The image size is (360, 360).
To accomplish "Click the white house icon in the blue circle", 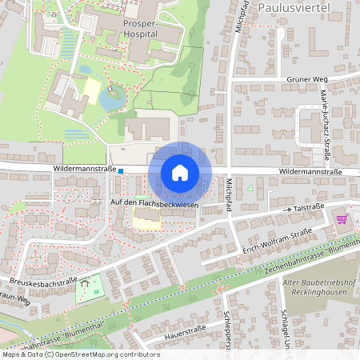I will tap(180, 173).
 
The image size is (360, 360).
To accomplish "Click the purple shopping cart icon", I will tap(342, 218).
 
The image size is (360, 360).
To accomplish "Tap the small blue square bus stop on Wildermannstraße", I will tap(121, 170).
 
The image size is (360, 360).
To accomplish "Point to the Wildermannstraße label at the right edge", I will tap(310, 172).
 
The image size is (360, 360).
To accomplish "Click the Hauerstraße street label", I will tap(186, 329).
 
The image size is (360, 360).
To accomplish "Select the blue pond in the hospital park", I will tap(111, 98).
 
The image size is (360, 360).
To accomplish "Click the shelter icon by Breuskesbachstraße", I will tap(84, 281).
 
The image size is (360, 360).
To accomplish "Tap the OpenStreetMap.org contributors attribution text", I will tap(104, 354).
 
